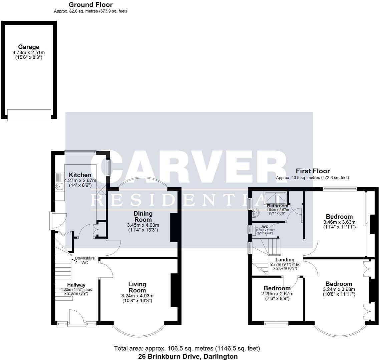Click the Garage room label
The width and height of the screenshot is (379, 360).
tap(28, 47)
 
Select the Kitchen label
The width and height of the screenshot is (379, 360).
tap(80, 175)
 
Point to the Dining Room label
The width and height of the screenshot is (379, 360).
tap(143, 217)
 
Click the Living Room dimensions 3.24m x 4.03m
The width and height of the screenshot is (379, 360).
tap(137, 296)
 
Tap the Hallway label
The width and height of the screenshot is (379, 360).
tap(76, 285)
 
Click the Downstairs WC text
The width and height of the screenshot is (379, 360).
tap(85, 260)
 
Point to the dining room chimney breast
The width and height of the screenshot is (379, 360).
tap(174, 228)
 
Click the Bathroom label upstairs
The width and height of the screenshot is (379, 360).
tap(277, 206)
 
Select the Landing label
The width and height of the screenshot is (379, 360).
tap(285, 260)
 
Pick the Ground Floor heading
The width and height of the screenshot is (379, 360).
tap(90, 5)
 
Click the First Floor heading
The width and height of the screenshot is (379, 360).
tap(313, 171)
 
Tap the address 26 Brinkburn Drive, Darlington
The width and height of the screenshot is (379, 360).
tap(188, 356)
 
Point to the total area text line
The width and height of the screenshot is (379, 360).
tap(187, 349)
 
